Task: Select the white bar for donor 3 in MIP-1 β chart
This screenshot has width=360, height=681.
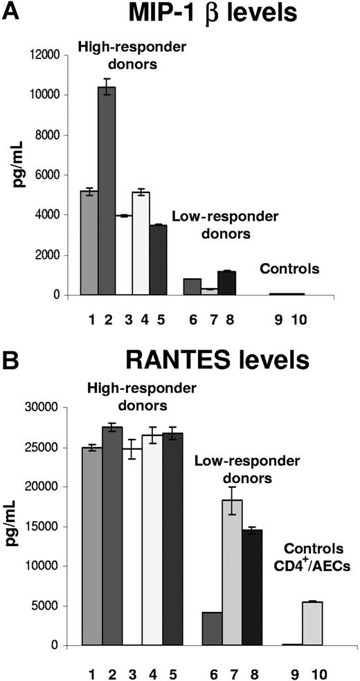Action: pos(125,255)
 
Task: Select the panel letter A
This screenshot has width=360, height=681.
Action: pos(10,12)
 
